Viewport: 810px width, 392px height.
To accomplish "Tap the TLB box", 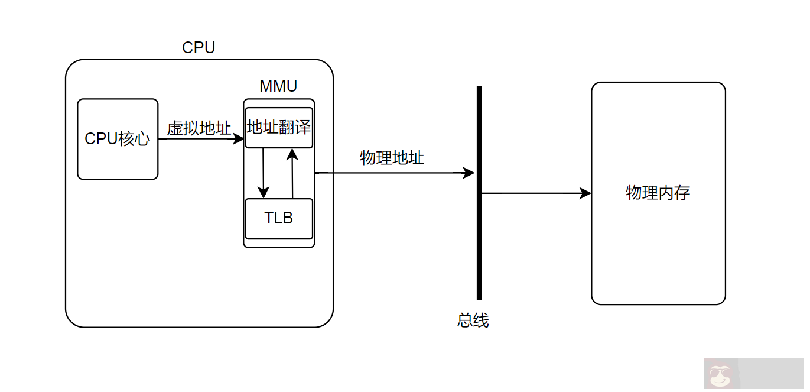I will point(278,218).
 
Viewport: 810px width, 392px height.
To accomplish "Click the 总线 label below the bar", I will point(473,320).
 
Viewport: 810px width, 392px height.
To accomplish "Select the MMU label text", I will point(278,86).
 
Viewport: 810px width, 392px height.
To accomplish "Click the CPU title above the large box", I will point(199,48).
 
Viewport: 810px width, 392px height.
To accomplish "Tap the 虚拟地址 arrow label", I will point(199,128).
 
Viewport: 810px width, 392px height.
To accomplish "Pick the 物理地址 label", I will point(392,158).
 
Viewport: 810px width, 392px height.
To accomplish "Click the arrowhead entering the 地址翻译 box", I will point(239,139).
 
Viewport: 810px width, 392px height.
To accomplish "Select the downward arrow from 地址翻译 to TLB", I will point(263,171).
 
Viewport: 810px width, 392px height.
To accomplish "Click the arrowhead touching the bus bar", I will point(469,173).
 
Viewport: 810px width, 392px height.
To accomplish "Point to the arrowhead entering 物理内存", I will point(585,193).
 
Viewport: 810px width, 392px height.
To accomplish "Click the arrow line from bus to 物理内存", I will point(532,193).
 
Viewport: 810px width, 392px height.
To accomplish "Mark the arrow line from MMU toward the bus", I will point(390,173).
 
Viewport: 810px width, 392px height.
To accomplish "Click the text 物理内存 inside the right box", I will point(658,193).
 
